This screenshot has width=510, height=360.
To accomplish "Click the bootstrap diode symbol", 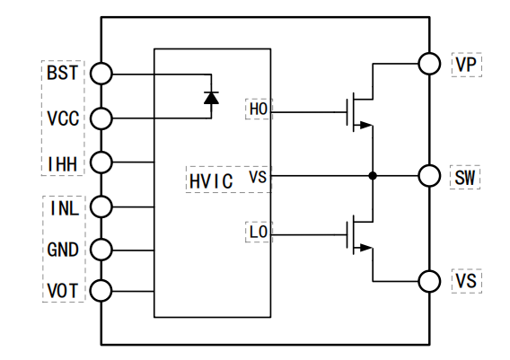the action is click(211, 98).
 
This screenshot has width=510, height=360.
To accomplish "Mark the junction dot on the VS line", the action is click(373, 176).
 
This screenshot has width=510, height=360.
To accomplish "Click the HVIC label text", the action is click(211, 181).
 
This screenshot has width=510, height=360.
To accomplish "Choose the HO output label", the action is click(259, 109).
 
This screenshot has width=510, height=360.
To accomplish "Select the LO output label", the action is click(259, 232).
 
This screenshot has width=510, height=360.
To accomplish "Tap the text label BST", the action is click(63, 73).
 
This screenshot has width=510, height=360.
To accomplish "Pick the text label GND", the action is click(63, 250).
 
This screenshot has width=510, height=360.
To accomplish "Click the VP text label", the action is click(466, 65).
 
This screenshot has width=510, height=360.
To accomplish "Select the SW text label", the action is click(465, 178).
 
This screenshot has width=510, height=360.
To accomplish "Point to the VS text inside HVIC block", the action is click(258, 177).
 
